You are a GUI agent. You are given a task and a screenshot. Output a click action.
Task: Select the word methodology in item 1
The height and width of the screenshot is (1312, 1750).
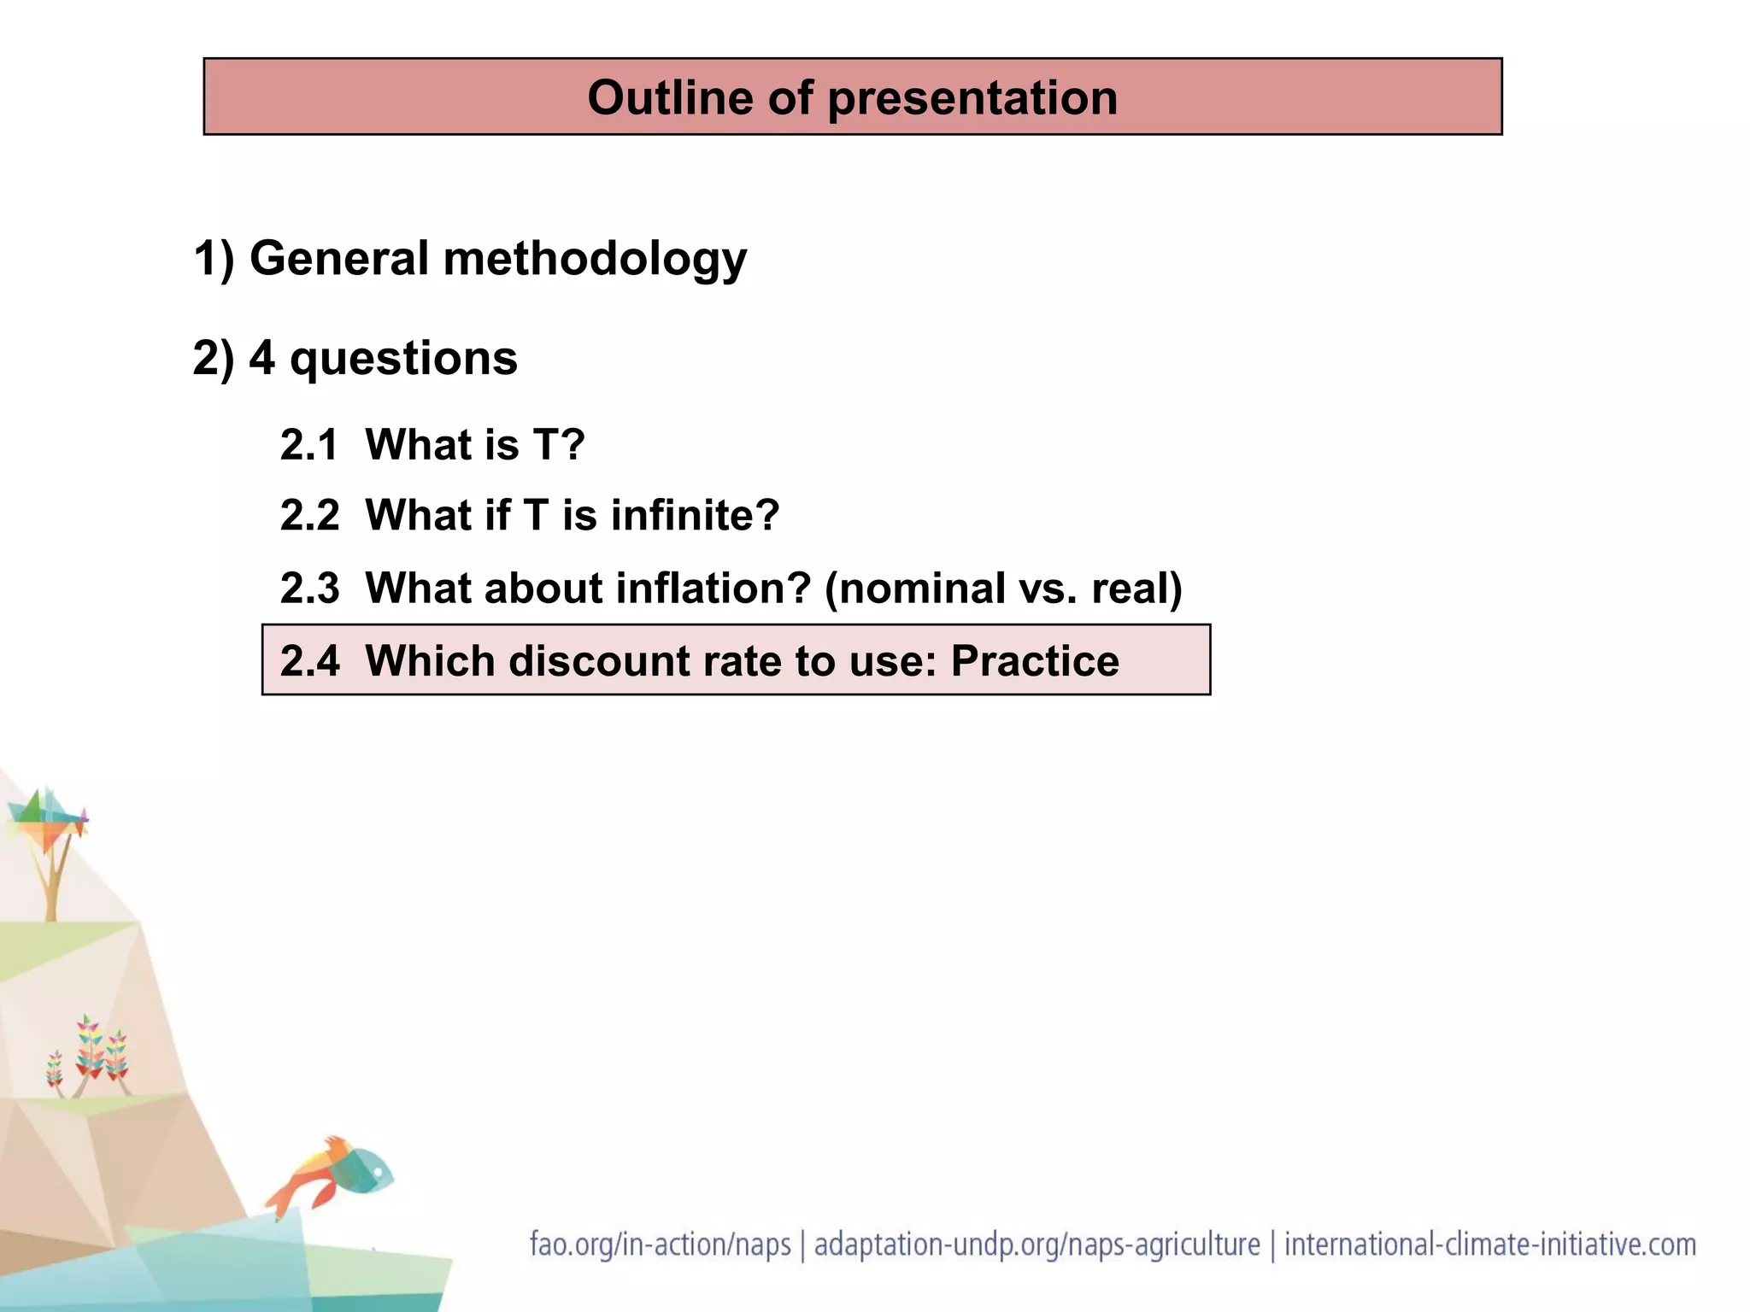595,260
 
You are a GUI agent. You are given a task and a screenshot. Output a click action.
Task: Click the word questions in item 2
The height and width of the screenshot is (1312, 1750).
403,359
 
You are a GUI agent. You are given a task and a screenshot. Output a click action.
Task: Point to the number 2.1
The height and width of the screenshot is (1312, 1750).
309,445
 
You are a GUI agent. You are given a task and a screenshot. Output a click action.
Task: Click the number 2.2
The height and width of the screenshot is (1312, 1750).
309,516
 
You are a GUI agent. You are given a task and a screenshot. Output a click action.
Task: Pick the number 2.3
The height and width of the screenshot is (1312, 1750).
309,589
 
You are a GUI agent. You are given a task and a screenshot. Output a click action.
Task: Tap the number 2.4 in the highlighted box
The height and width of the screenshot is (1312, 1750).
309,661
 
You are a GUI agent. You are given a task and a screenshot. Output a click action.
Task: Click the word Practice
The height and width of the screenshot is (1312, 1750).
1034,661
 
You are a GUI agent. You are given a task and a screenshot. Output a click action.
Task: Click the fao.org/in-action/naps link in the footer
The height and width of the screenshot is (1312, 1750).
660,1245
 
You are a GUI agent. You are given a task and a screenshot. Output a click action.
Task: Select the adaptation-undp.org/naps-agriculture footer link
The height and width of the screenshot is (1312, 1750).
1036,1245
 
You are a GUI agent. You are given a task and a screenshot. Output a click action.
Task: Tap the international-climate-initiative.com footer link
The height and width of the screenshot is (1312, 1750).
1489,1245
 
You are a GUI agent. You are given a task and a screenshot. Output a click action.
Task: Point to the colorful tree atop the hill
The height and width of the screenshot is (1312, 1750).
50,841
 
